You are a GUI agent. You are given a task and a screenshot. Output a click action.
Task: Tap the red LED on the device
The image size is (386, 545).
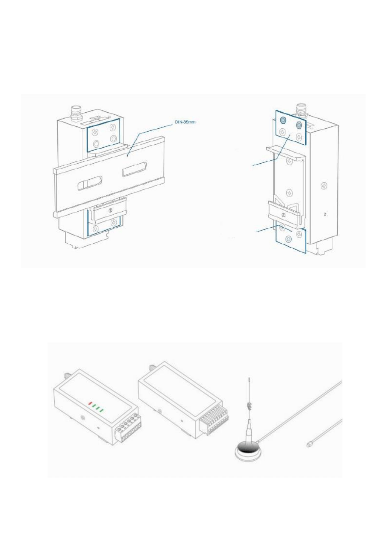90,404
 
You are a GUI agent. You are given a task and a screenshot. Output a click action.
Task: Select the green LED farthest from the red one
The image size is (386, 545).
102,410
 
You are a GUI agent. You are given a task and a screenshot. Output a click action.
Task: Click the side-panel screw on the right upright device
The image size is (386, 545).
324,185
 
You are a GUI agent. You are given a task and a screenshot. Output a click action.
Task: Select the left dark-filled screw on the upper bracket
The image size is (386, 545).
283,120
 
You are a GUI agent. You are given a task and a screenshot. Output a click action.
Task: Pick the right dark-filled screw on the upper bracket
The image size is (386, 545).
299,125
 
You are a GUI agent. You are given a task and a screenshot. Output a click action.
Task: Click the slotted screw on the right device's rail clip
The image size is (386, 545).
283,215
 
